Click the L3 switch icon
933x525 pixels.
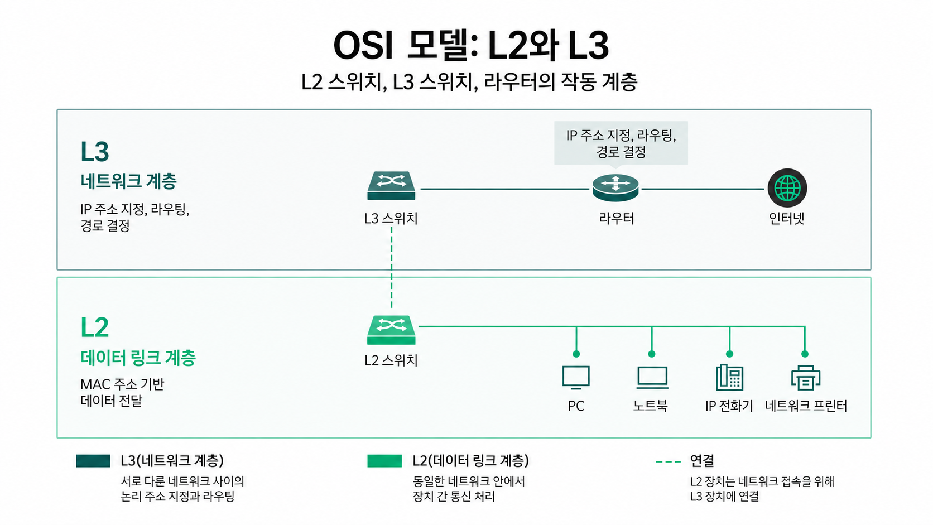[x=391, y=186]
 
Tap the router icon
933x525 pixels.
[x=615, y=187]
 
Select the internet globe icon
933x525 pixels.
[x=787, y=188]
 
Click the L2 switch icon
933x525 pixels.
[x=391, y=330]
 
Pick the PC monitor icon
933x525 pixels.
[x=576, y=378]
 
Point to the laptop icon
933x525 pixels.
[x=652, y=378]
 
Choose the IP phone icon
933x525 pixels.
[x=729, y=378]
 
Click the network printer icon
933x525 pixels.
[x=806, y=378]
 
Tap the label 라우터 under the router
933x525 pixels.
[x=617, y=218]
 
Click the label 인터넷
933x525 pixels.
[x=787, y=218]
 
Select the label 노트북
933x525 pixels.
[x=651, y=406]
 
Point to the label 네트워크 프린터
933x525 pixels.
[x=806, y=406]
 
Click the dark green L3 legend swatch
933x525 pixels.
[x=93, y=461]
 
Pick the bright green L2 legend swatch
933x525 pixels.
[x=384, y=461]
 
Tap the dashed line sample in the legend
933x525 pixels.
[x=668, y=462]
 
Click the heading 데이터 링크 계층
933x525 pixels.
[x=138, y=358]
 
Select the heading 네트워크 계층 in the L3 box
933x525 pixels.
[x=129, y=181]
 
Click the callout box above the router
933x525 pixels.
[x=621, y=143]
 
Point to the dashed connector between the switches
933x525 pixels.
[x=392, y=268]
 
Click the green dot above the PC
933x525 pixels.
[x=576, y=354]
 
